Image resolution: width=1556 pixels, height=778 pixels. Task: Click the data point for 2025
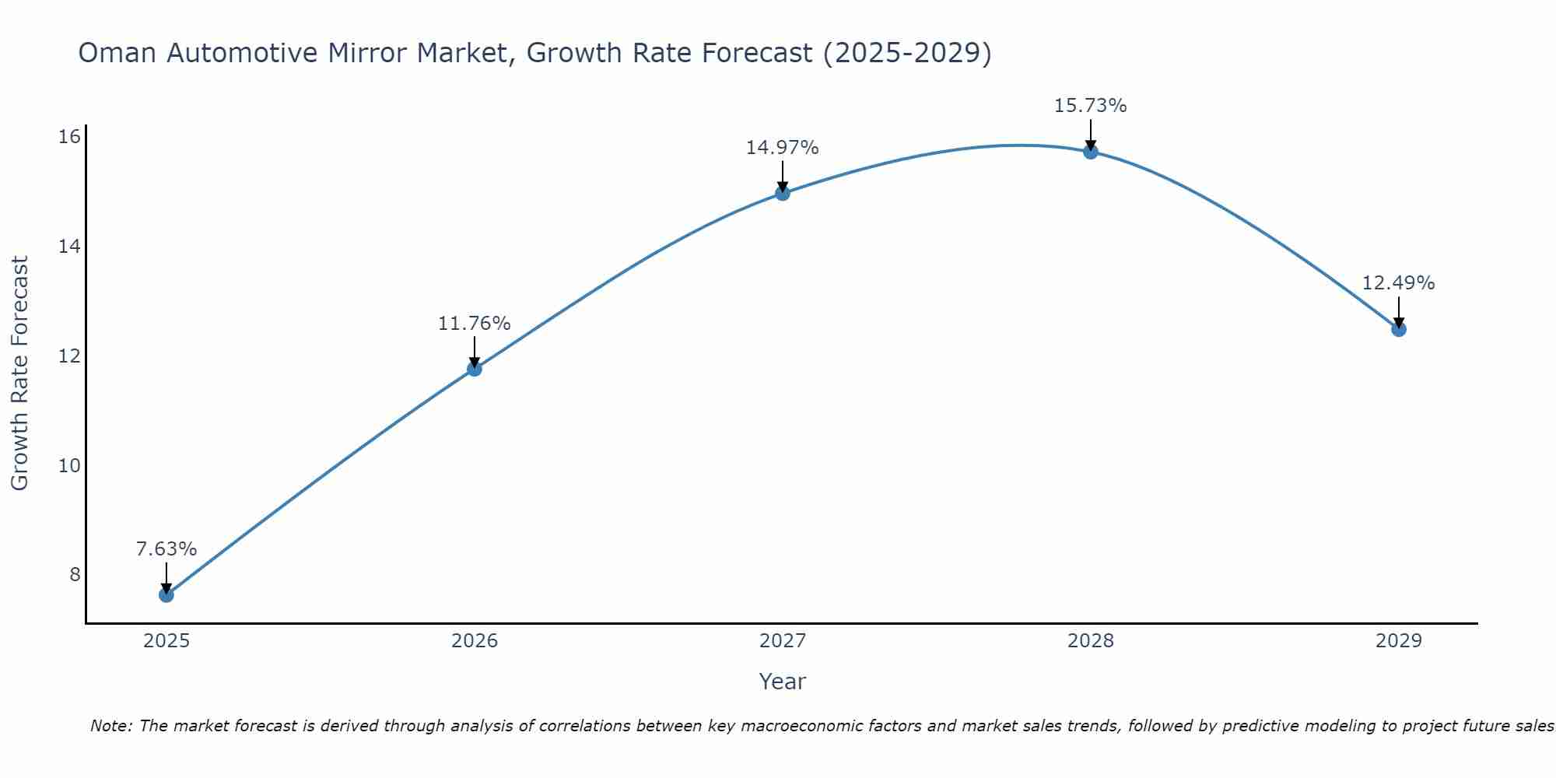166,595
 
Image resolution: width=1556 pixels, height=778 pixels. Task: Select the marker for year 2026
475,369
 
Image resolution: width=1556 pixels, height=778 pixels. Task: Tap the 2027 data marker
783,193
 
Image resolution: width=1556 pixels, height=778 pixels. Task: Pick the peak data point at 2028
1091,152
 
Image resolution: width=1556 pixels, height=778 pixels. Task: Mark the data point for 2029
1399,329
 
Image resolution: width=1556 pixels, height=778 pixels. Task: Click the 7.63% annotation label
166,549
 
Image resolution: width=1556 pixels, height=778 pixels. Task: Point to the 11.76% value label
475,324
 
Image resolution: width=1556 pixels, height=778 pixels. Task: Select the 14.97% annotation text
783,148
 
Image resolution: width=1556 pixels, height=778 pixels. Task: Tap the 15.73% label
1091,106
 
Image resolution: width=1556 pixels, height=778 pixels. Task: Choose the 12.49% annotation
1399,283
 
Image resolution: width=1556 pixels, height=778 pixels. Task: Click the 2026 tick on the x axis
475,641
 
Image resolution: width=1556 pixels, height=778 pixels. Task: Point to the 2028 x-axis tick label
1091,641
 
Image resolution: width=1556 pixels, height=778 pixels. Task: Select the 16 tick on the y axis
70,137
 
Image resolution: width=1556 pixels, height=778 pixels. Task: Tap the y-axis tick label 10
70,466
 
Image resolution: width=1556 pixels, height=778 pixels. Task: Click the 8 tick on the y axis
75,575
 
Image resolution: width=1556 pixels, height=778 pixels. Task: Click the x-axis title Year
783,682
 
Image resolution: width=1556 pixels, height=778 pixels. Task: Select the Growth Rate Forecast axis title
20,373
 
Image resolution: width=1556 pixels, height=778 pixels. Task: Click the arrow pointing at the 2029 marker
1399,313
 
